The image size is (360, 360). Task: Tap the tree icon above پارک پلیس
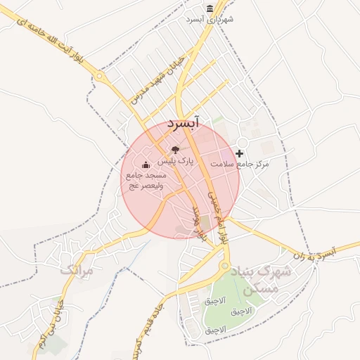click(175, 150)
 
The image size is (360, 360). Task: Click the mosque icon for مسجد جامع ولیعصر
click(146, 165)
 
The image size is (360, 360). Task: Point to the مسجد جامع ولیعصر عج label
click(145, 181)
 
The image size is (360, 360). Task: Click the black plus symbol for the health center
click(240, 153)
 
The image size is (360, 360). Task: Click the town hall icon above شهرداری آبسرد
click(210, 8)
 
